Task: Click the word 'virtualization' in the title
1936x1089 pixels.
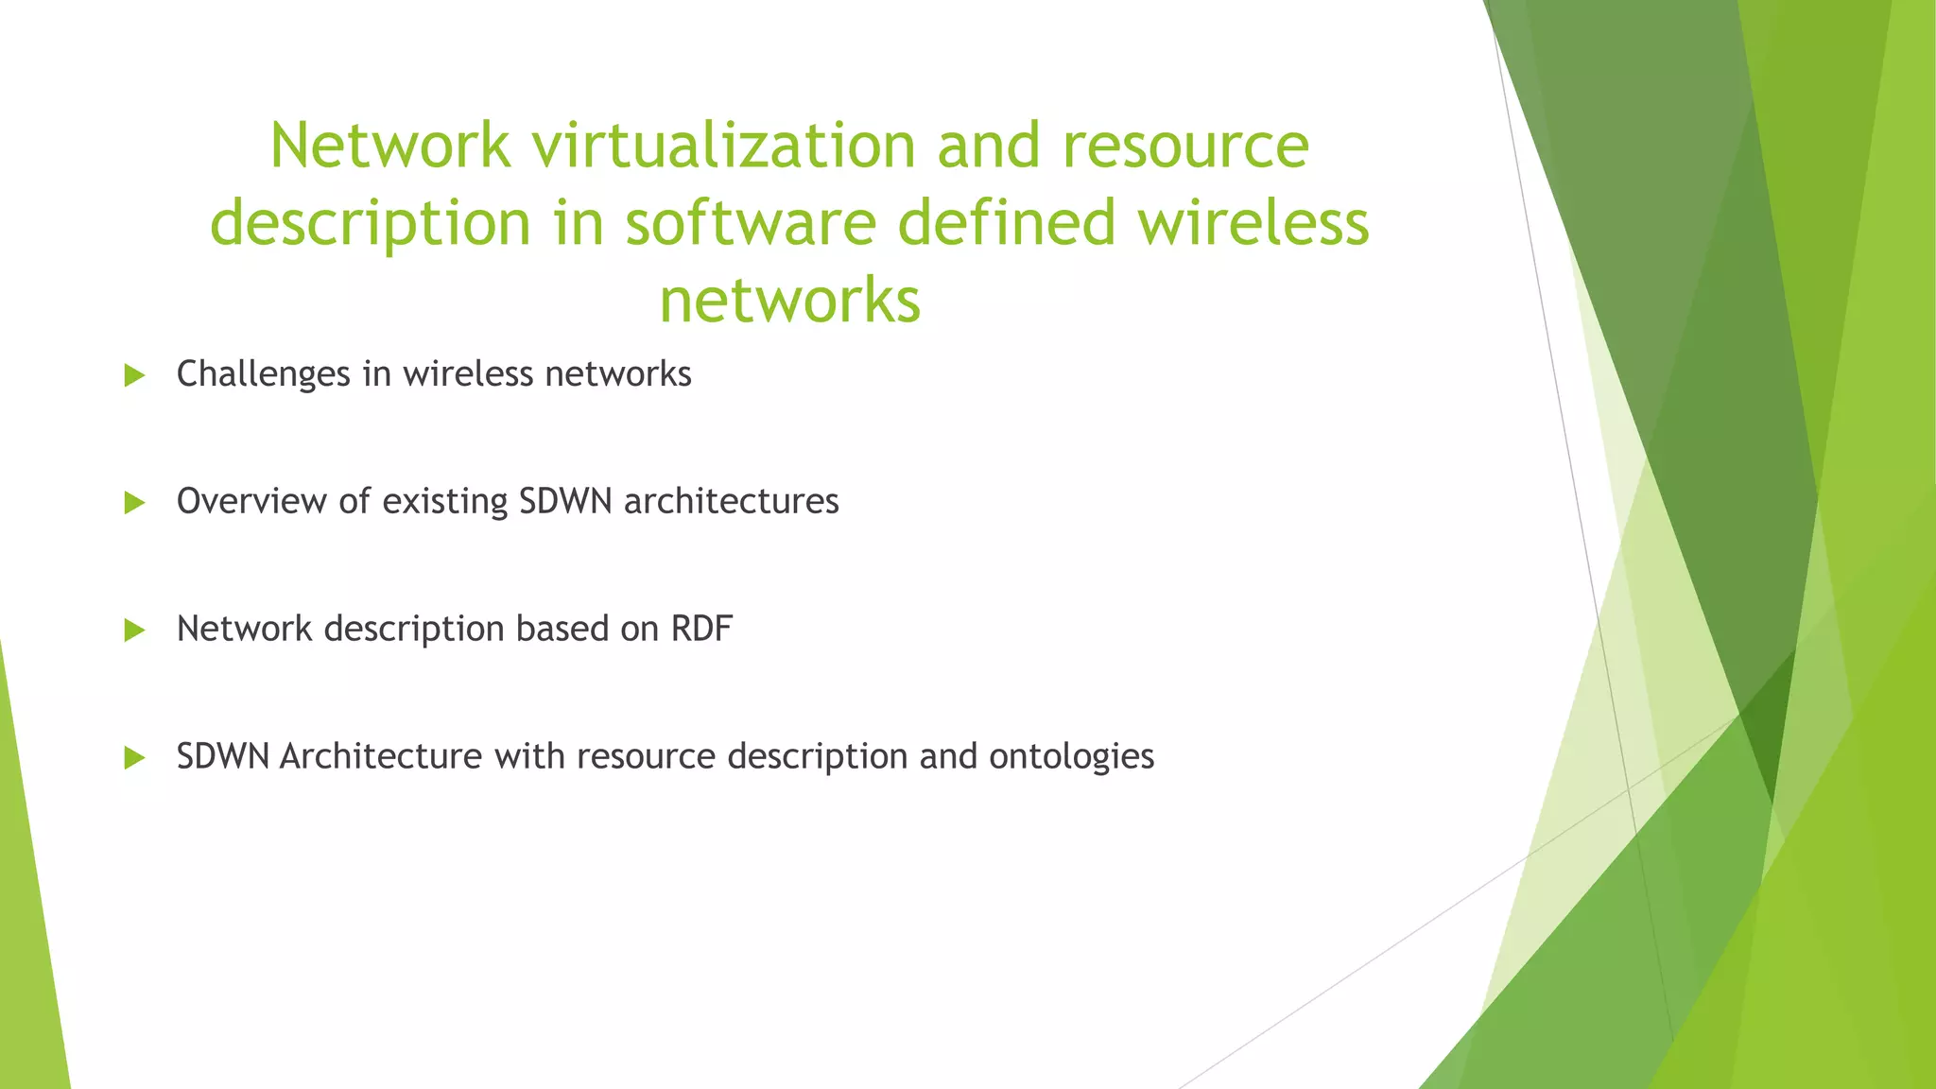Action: point(724,147)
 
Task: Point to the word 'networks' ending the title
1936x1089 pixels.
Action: point(789,301)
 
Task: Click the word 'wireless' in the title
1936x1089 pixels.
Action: point(1253,224)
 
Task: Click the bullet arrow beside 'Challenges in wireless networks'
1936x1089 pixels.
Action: point(134,375)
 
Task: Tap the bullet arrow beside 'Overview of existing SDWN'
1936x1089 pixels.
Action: point(134,503)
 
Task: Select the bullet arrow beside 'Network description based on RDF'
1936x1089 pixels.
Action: point(134,631)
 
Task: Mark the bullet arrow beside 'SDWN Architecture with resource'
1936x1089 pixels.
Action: point(134,757)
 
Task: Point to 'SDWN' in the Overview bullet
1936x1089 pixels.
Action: point(566,501)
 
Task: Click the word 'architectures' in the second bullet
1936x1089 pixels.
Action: point(731,501)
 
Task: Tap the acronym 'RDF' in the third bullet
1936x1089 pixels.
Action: point(701,629)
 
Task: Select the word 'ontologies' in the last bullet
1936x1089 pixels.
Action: point(1071,756)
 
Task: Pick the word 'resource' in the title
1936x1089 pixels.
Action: point(1185,147)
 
